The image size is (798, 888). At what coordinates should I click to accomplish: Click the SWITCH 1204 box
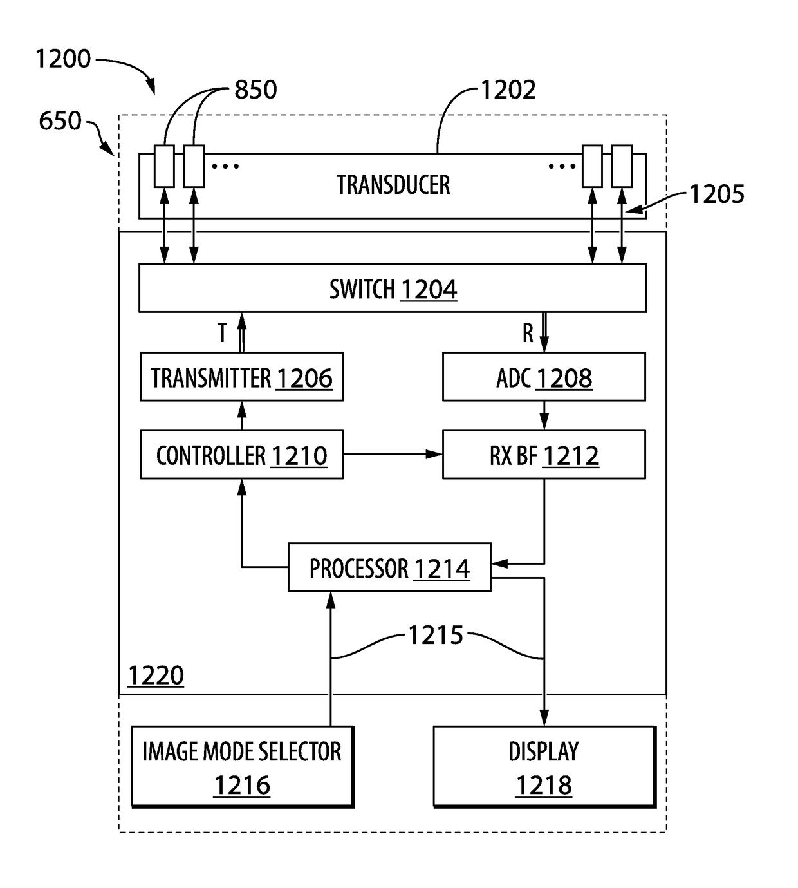pos(393,288)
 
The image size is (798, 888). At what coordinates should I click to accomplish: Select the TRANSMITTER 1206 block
pos(242,377)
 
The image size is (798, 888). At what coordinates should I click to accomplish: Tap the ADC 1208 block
pos(544,377)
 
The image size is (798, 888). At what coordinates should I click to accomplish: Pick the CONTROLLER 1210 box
pos(242,454)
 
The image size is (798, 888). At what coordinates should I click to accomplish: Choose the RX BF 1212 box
pos(544,454)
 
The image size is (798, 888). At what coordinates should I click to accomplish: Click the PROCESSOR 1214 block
pos(389,567)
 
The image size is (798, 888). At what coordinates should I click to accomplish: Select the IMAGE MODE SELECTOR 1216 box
pos(243,767)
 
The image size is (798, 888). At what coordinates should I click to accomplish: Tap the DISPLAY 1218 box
pos(544,767)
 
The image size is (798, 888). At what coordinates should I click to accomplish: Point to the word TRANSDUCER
pos(393,185)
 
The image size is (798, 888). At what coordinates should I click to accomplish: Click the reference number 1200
pos(63,59)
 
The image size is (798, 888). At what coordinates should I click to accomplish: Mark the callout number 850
pos(255,90)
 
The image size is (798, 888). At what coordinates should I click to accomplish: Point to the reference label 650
pos(60,120)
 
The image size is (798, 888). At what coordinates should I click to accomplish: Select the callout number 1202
pos(508,90)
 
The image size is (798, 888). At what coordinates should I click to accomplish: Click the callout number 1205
pos(717,194)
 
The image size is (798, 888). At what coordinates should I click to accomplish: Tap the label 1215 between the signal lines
pos(436,635)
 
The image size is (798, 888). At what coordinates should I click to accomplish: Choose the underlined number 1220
pos(155,675)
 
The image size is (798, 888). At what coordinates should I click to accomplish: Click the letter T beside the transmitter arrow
pos(222,333)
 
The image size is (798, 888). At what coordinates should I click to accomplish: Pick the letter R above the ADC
pos(528,333)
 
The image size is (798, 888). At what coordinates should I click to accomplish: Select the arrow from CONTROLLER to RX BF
pos(393,454)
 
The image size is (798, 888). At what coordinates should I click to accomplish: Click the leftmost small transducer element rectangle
pos(163,166)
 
